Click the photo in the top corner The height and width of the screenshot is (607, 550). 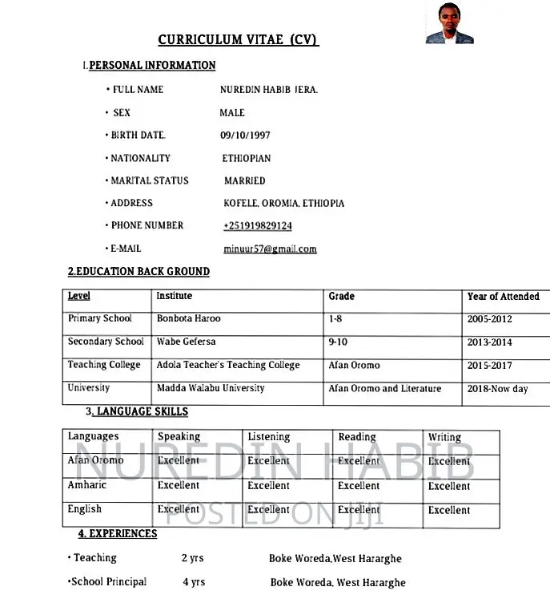(x=449, y=22)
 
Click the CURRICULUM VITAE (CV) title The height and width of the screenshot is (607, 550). (x=239, y=40)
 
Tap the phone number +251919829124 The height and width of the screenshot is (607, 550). (x=257, y=226)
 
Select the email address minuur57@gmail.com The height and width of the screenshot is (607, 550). (x=270, y=249)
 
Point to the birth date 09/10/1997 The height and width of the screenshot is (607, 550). (x=245, y=136)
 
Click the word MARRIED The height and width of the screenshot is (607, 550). (x=244, y=181)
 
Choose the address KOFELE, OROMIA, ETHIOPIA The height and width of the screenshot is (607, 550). (x=283, y=204)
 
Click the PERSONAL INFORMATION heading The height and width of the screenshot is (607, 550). (x=152, y=65)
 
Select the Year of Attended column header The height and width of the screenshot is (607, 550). (x=503, y=297)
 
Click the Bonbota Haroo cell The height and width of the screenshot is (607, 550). (x=188, y=319)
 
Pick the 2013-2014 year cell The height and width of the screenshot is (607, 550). (x=489, y=342)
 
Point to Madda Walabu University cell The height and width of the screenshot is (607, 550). (x=211, y=389)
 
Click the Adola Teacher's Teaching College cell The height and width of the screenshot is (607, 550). (x=228, y=366)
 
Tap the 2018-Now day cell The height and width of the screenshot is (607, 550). (x=497, y=389)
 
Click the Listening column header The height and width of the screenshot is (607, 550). (x=268, y=437)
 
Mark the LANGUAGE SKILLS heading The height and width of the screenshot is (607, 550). (x=140, y=412)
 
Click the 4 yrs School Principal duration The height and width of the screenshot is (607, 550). (x=194, y=582)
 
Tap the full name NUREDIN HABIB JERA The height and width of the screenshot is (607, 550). (x=269, y=90)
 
